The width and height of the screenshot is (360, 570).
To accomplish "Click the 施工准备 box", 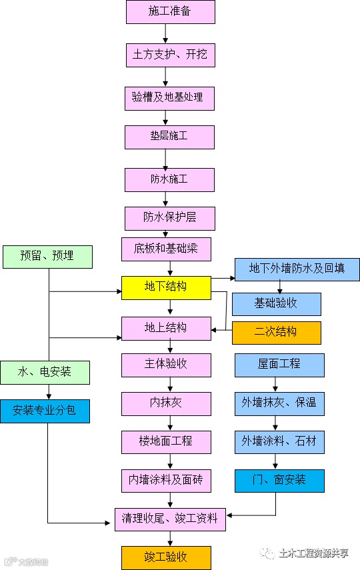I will click(x=171, y=12).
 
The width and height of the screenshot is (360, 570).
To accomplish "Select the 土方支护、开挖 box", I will click(x=171, y=54).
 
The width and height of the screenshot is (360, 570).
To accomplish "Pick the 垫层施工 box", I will click(x=169, y=137).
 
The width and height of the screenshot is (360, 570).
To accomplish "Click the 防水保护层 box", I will click(x=170, y=218).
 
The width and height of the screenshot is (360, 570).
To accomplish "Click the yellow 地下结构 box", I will click(x=166, y=287).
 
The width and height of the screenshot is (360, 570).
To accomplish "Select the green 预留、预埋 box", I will click(x=47, y=257).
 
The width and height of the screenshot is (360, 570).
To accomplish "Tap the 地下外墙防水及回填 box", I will click(x=297, y=269).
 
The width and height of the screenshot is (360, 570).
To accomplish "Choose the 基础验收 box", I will click(x=276, y=304).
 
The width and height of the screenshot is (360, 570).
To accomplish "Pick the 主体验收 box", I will click(x=166, y=365).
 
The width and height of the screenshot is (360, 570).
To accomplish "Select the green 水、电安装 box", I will click(x=45, y=372).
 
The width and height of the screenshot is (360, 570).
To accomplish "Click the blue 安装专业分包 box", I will click(x=45, y=411).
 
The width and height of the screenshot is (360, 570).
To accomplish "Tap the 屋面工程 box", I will click(x=279, y=365).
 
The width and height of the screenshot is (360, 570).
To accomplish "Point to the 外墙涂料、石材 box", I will click(x=279, y=442).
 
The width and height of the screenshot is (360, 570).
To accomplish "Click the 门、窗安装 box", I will click(x=279, y=480).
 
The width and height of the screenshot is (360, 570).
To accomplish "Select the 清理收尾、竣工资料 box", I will click(x=171, y=517).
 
